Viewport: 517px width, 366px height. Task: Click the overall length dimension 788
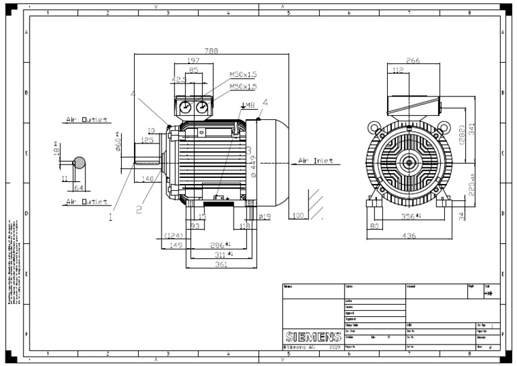click(x=193, y=50)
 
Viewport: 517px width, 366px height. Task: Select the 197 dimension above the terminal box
click(x=193, y=61)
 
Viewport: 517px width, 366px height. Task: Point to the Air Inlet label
click(x=314, y=162)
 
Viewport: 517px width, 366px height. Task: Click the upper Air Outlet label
click(x=86, y=120)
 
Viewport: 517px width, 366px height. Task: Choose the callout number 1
click(x=110, y=217)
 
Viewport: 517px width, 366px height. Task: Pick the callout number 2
click(x=139, y=210)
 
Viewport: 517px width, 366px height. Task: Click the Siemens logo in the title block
click(x=313, y=336)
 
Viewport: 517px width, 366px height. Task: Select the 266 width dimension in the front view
click(x=413, y=61)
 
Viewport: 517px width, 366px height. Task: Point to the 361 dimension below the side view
click(x=215, y=266)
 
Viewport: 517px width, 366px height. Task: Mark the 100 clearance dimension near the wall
click(x=299, y=216)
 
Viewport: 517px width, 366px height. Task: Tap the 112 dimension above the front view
click(x=398, y=70)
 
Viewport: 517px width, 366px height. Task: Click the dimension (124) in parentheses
click(x=174, y=235)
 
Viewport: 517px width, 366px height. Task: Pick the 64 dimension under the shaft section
click(x=78, y=187)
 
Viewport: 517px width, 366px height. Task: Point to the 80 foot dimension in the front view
click(x=374, y=226)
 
